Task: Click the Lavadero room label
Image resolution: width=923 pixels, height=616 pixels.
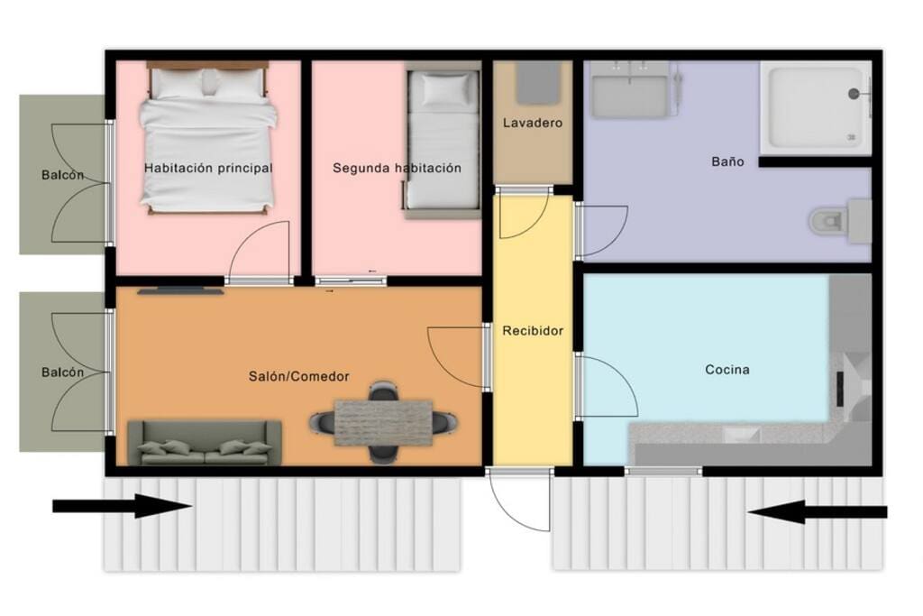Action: click(532, 123)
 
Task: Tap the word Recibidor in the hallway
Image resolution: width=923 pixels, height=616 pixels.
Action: click(533, 331)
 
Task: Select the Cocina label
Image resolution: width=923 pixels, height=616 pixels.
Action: click(727, 370)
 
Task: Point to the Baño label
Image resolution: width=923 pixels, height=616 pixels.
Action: click(727, 161)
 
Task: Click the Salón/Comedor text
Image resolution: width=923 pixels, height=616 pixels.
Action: click(299, 376)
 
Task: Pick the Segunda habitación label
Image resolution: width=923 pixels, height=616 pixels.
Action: click(397, 168)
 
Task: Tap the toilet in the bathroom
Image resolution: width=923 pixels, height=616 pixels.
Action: click(839, 222)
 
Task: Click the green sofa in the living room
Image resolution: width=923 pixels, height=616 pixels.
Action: click(205, 442)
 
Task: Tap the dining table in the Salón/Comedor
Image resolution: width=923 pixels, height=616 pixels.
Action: click(383, 422)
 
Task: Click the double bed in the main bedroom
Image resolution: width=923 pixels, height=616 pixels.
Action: click(208, 138)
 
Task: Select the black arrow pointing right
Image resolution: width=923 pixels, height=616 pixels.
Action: click(123, 506)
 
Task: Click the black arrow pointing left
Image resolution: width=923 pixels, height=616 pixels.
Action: click(818, 511)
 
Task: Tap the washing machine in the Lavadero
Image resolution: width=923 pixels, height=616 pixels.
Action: click(538, 84)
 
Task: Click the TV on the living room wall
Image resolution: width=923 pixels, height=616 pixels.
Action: click(180, 291)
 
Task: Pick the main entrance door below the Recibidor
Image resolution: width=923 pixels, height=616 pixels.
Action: click(519, 501)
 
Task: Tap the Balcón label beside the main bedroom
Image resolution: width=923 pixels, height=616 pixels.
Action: click(62, 175)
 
